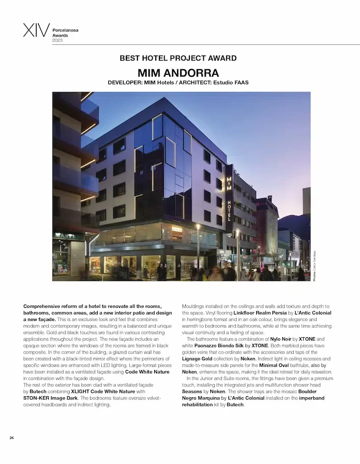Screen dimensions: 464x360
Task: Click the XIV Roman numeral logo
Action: coord(36,30)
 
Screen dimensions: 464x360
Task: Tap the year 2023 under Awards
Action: coord(58,40)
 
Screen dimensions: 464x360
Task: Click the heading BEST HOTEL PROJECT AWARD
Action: coord(178,59)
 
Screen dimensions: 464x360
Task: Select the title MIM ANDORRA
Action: coord(178,72)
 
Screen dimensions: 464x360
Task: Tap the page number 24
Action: coord(12,437)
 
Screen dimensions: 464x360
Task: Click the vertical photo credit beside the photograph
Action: coord(315,265)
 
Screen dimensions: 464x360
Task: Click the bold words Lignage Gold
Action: coord(199,359)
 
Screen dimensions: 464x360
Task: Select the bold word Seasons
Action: coord(192,392)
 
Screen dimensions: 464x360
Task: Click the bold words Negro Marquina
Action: coord(204,398)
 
